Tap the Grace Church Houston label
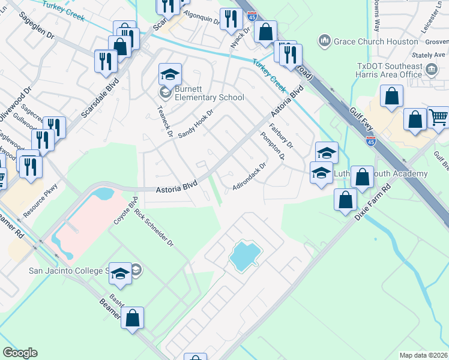point(375,41)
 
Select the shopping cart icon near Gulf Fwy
point(438,119)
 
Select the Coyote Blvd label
point(125,211)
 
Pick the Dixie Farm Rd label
point(373,202)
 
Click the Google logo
point(20,353)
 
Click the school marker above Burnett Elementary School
point(170,75)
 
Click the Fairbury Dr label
point(280,136)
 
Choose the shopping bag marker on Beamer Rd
point(133,318)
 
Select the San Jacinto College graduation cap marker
point(121,274)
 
